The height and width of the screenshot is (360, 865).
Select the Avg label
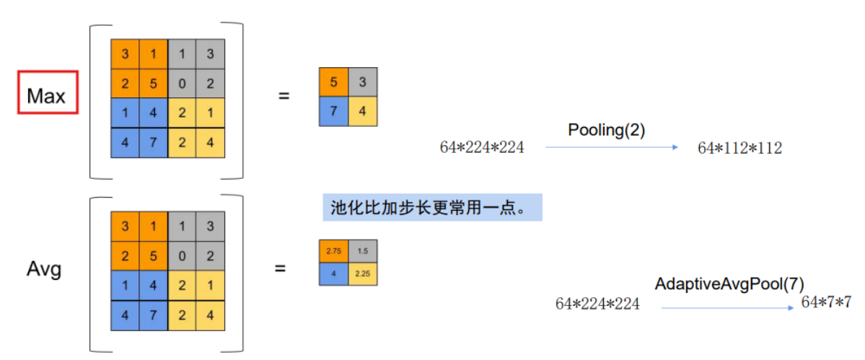pos(44,269)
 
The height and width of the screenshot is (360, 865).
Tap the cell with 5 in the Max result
pos(333,83)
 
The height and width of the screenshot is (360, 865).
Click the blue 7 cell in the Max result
pos(333,112)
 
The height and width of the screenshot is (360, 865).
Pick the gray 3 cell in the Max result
pos(362,83)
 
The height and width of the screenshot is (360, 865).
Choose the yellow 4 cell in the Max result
pos(362,112)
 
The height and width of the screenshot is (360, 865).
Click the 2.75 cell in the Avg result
pos(333,250)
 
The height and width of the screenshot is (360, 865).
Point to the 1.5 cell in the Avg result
pos(362,250)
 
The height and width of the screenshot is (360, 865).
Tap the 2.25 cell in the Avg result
pos(362,273)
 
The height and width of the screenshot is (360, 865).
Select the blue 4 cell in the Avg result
pos(333,273)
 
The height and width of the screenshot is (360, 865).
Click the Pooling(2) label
pos(606,130)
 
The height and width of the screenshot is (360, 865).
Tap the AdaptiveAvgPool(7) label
pos(729,284)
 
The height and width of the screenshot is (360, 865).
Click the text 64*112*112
pos(739,148)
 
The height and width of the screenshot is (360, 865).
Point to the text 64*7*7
pos(827,302)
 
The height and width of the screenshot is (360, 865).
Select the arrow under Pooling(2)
pos(612,147)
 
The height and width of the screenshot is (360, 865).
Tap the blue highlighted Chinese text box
pos(431,208)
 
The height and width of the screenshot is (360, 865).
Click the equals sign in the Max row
pos(284,95)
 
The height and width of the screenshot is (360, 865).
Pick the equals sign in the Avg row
pos(281,268)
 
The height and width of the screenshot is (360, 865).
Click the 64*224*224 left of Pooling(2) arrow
pos(482,147)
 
